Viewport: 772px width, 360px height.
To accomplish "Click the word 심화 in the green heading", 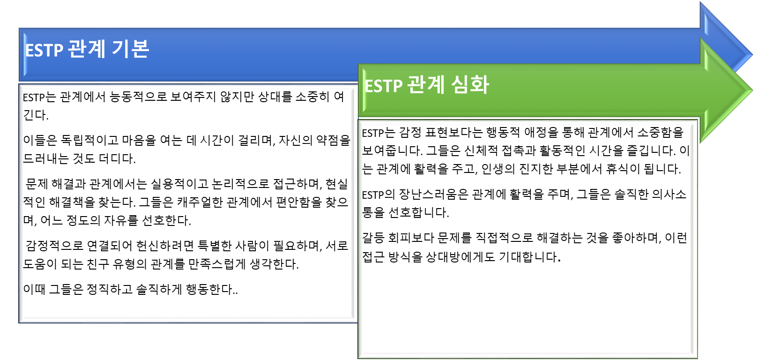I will pos(470,85).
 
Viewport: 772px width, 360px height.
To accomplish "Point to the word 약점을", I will pos(333,140).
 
